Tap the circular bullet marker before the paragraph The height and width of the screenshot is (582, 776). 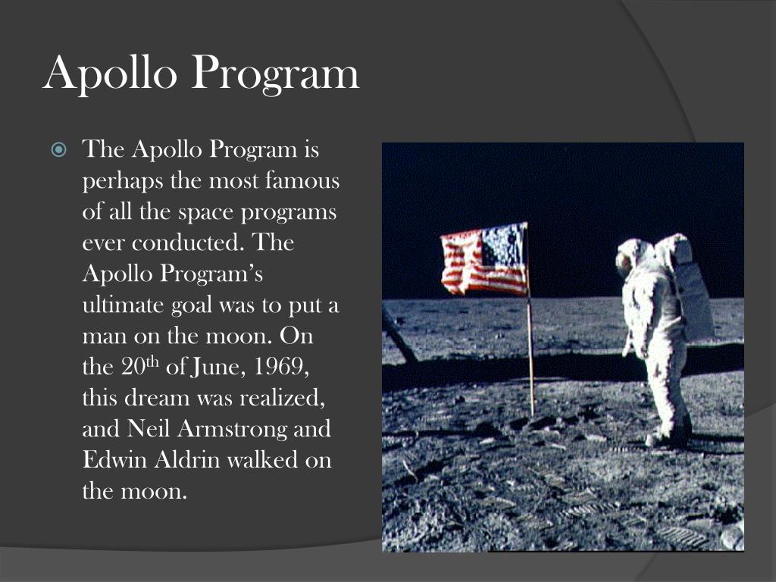pos(59,150)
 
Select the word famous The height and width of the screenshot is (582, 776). pos(302,181)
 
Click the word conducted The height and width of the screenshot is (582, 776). pos(189,243)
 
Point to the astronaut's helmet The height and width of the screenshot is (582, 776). pos(634,256)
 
